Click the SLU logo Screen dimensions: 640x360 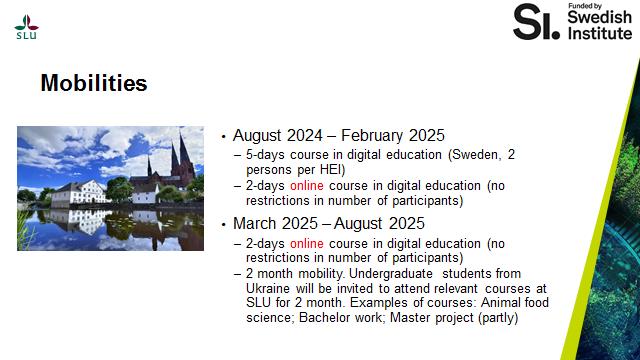[27, 27]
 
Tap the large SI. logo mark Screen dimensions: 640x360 [536, 22]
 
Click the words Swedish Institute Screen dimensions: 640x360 [600, 25]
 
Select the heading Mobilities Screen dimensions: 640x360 [94, 83]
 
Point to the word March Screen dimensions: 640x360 [255, 223]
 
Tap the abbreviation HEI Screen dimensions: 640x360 [335, 169]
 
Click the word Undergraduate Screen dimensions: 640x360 [391, 274]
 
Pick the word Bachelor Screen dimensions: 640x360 [325, 317]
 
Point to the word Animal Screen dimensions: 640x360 [500, 302]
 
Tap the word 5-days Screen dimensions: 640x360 [265, 155]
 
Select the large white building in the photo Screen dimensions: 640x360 [80, 193]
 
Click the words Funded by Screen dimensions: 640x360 [585, 6]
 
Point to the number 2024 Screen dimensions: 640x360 [304, 136]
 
